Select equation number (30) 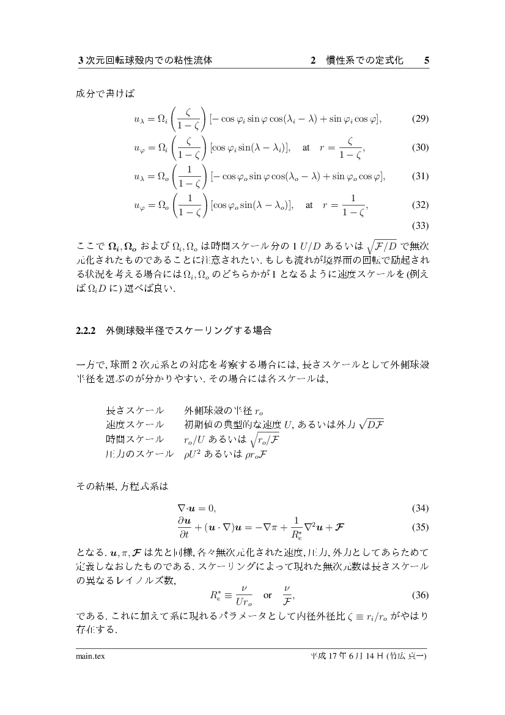pyautogui.click(x=420, y=147)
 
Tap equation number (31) pyautogui.click(x=420, y=176)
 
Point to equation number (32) pyautogui.click(x=420, y=205)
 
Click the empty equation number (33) pyautogui.click(x=420, y=225)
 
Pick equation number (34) pyautogui.click(x=420, y=508)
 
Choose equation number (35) pyautogui.click(x=420, y=527)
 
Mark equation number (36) pyautogui.click(x=420, y=595)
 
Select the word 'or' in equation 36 pyautogui.click(x=267, y=595)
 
